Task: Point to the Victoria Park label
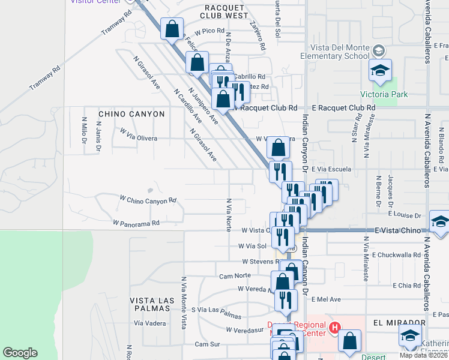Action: pyautogui.click(x=384, y=94)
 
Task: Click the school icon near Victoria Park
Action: pyautogui.click(x=380, y=71)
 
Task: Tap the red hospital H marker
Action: pyautogui.click(x=335, y=328)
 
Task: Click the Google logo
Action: pyautogui.click(x=20, y=353)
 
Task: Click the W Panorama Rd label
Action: pyautogui.click(x=136, y=223)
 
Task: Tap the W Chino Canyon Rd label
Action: pyautogui.click(x=148, y=199)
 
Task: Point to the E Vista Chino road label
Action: pyautogui.click(x=399, y=230)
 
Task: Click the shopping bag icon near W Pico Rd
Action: pyautogui.click(x=172, y=29)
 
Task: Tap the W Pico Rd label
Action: pyautogui.click(x=205, y=31)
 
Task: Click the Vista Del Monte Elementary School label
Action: pyautogui.click(x=339, y=52)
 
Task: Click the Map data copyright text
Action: pyautogui.click(x=424, y=355)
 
